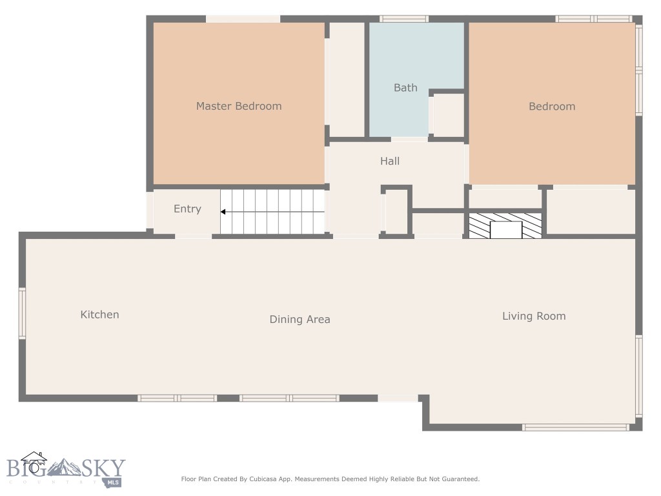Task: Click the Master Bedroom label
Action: (x=239, y=106)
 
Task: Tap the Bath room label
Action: (x=405, y=88)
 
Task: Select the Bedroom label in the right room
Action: (x=552, y=107)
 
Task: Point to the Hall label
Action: (x=390, y=161)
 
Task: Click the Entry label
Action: (x=187, y=209)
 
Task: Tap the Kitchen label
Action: (x=99, y=315)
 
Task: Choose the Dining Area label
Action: (x=300, y=319)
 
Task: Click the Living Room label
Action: (x=534, y=316)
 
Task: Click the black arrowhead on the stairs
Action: (x=223, y=212)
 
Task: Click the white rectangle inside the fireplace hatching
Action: (x=506, y=230)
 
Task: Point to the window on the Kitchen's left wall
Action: (x=22, y=313)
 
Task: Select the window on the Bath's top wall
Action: (x=403, y=19)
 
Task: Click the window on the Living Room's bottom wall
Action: (x=575, y=427)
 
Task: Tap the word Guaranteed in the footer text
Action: (x=459, y=479)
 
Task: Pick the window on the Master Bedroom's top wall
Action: (x=243, y=19)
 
